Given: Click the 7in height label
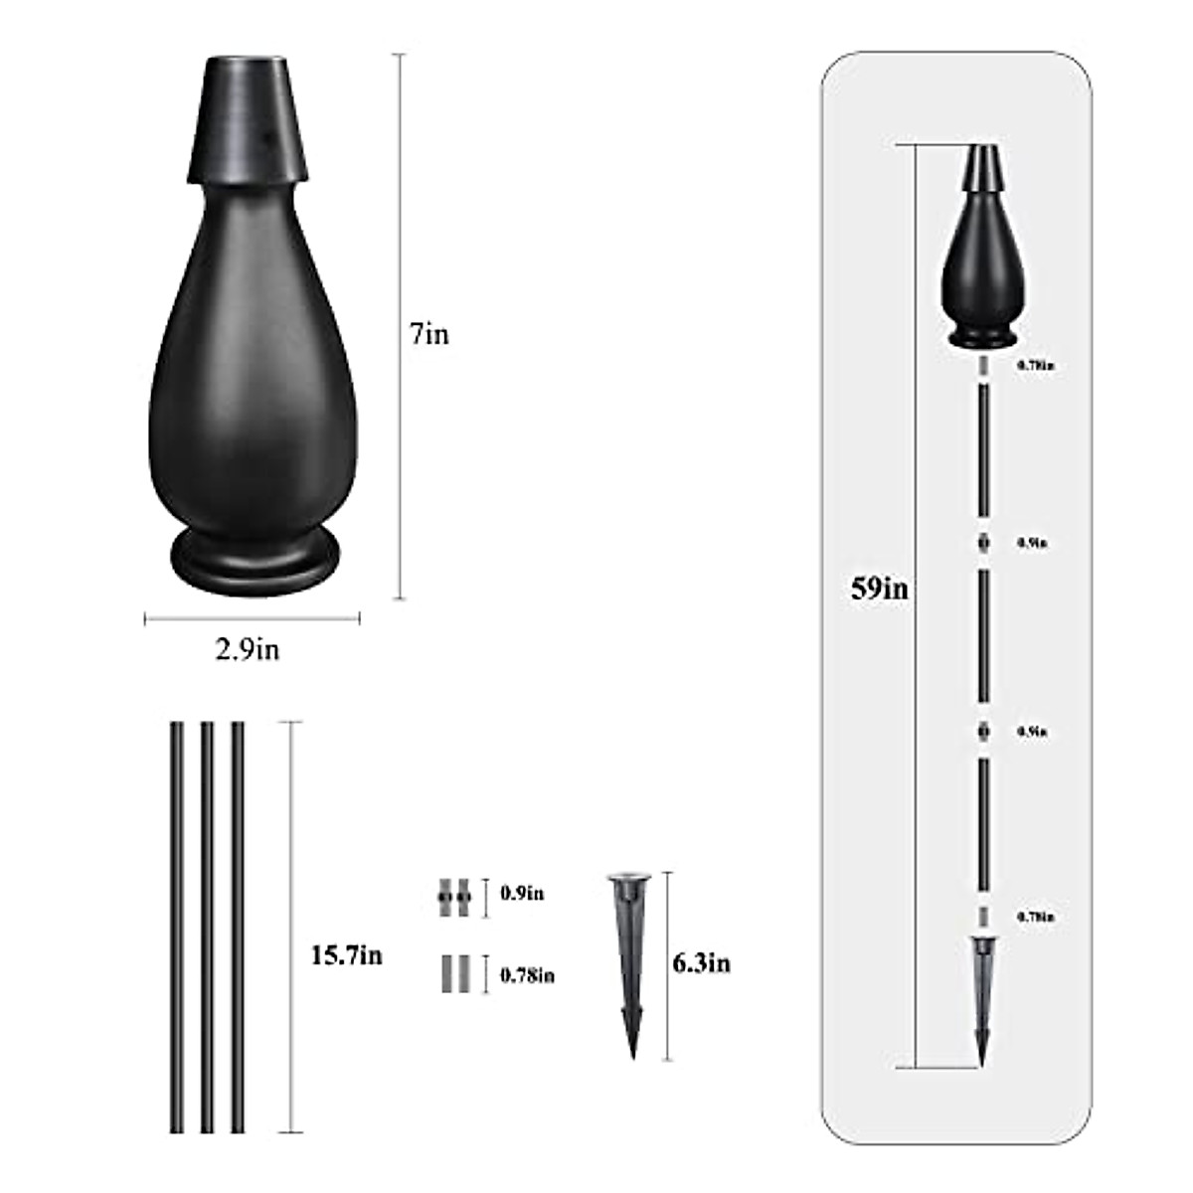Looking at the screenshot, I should pyautogui.click(x=429, y=335).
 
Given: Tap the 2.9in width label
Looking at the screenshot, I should pyautogui.click(x=248, y=650).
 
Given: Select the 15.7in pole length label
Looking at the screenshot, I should pyautogui.click(x=346, y=955).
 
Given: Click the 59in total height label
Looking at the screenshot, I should pyautogui.click(x=879, y=589).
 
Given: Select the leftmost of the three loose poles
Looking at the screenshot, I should pyautogui.click(x=177, y=927).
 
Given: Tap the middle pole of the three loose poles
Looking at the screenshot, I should pyautogui.click(x=207, y=927).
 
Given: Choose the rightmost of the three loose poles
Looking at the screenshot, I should pyautogui.click(x=238, y=927).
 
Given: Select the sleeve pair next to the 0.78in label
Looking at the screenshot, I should pyautogui.click(x=452, y=974).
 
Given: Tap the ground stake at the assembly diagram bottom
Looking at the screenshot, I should pyautogui.click(x=982, y=999).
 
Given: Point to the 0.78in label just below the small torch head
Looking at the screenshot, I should pyautogui.click(x=1035, y=366).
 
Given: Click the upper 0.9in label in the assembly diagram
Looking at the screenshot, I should pyautogui.click(x=1031, y=543).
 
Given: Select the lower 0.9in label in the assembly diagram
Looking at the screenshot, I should pyautogui.click(x=1031, y=732).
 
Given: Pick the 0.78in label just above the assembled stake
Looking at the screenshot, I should pyautogui.click(x=1035, y=917).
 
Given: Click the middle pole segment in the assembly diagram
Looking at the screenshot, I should pyautogui.click(x=982, y=636).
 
